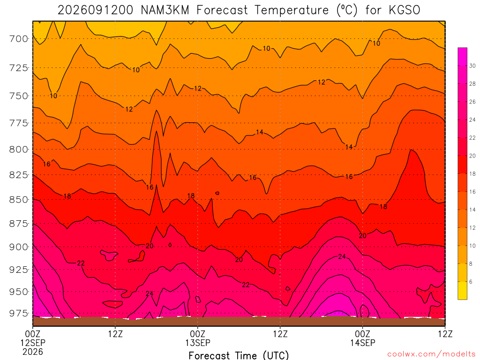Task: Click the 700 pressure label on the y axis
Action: (x=18, y=39)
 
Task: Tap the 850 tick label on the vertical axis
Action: (x=18, y=200)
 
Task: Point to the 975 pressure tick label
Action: (x=18, y=314)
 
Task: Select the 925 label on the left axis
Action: (x=18, y=270)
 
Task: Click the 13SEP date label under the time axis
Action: (x=198, y=343)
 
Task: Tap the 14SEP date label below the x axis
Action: (x=363, y=343)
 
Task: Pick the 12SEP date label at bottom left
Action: (x=33, y=343)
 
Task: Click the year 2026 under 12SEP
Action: (x=33, y=352)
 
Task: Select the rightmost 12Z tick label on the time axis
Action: (x=445, y=334)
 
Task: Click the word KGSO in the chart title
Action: (x=405, y=10)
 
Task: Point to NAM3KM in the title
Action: (x=165, y=10)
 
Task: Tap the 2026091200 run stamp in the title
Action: (x=96, y=10)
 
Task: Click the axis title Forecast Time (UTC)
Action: (x=239, y=355)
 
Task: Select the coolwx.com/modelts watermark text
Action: (x=431, y=354)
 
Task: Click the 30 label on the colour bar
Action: (x=472, y=66)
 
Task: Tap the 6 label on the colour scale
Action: (x=471, y=282)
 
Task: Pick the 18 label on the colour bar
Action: (x=472, y=174)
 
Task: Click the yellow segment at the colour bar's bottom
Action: (x=463, y=291)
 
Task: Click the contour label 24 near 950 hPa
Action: (x=150, y=294)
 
